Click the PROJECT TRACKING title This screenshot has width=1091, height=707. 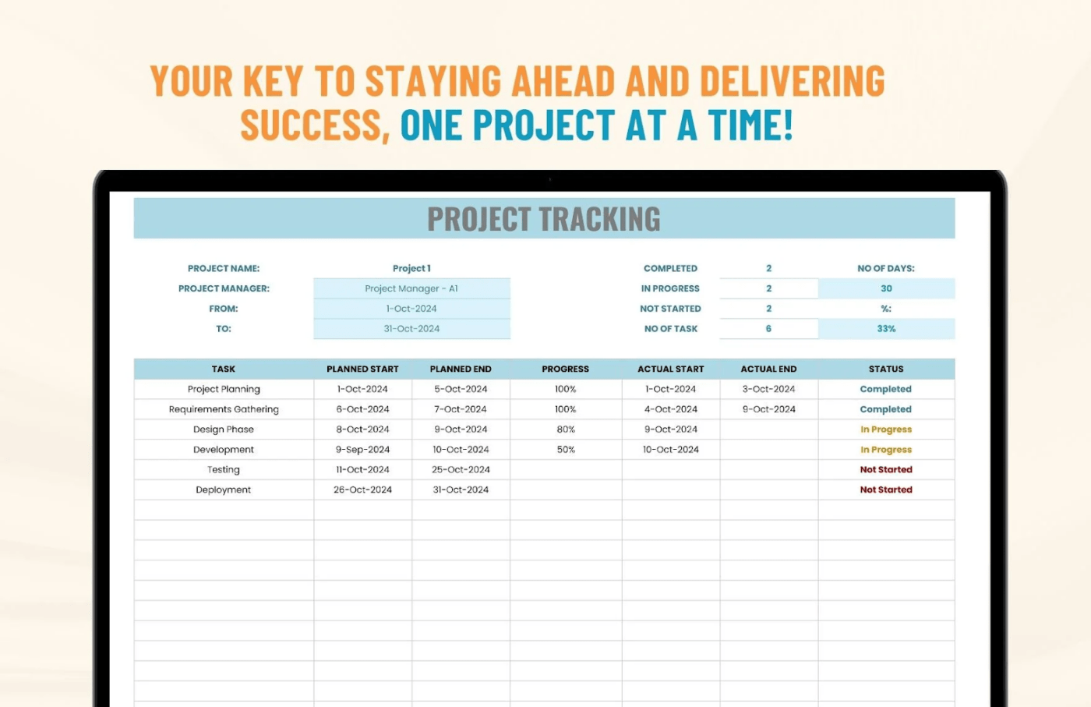pos(544,219)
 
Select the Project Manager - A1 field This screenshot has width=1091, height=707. pos(411,288)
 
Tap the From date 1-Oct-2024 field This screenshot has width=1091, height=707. pos(411,309)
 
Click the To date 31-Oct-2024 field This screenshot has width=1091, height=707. pos(411,329)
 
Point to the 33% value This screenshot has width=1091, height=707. pos(886,329)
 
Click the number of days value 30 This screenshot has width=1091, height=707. pos(886,288)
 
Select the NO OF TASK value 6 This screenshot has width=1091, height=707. pos(768,329)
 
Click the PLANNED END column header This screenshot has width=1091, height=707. pos(461,369)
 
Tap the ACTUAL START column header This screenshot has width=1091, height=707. pos(670,369)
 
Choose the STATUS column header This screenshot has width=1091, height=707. pos(886,369)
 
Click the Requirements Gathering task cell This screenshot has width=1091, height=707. pos(224,409)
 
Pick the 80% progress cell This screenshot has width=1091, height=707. pos(566,430)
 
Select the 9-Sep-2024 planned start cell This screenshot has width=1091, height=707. pos(362,450)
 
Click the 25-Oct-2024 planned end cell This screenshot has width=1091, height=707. pos(461,470)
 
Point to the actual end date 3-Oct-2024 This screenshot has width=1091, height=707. pos(768,389)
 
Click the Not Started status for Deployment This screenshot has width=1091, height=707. pos(886,490)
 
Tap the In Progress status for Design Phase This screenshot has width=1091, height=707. pos(886,430)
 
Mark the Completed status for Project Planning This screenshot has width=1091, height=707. pos(886,389)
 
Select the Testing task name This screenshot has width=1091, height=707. pos(224,470)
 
